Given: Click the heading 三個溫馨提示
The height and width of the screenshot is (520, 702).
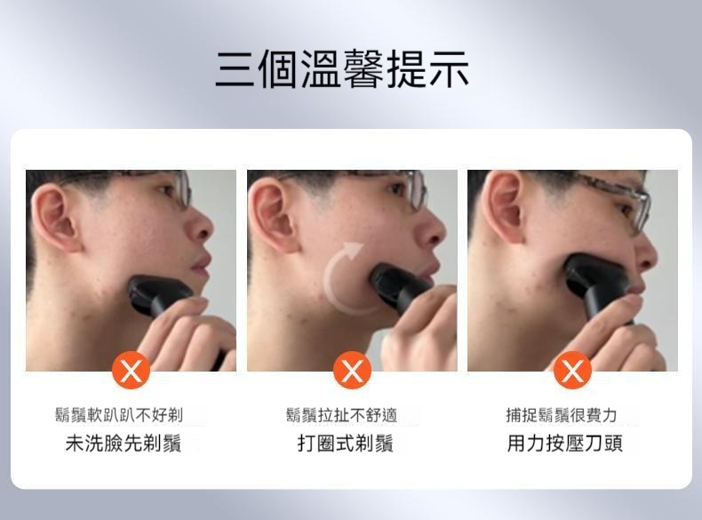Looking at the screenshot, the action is click(342, 69).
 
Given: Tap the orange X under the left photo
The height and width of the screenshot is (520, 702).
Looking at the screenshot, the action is click(131, 371).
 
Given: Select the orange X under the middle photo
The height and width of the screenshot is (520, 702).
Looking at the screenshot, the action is click(352, 371).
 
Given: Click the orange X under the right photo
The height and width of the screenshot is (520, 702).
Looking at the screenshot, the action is click(572, 371).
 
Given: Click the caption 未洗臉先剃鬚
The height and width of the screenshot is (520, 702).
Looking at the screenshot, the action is click(124, 444).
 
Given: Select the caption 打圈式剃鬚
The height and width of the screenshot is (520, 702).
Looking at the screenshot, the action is click(345, 444).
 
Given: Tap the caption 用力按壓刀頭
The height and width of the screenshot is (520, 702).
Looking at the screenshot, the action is click(564, 444).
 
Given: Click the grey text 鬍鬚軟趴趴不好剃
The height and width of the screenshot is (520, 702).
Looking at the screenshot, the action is click(119, 415).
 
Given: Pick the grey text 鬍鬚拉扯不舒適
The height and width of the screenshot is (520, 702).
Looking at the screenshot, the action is click(341, 415).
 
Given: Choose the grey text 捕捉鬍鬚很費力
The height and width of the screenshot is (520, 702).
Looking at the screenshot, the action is click(562, 415).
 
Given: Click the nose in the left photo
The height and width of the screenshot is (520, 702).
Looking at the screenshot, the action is click(201, 224).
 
